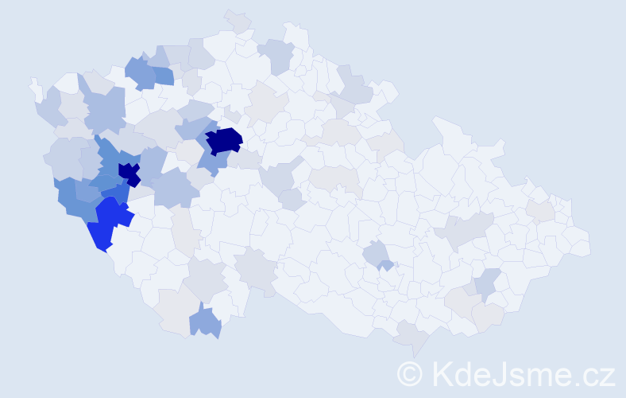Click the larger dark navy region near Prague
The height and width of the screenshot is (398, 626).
click(224, 140)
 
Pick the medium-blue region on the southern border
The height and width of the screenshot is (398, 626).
click(206, 322)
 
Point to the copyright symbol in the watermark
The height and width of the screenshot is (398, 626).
click(409, 373)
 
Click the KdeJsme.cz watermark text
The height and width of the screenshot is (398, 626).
click(521, 373)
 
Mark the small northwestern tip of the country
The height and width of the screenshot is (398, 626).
click(33, 84)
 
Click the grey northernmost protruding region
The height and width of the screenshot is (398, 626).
click(238, 21)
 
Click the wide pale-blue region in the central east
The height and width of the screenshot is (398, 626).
click(465, 230)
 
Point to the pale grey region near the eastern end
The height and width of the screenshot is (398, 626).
click(542, 211)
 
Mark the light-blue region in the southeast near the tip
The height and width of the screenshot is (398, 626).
click(486, 283)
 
